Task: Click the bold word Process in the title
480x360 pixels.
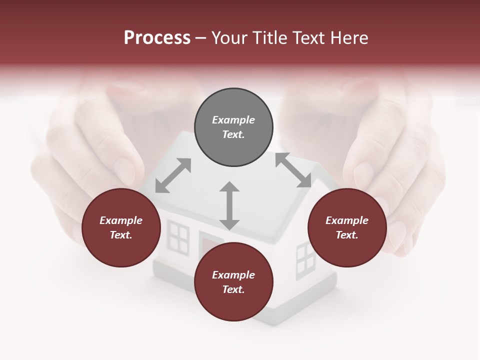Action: (157, 38)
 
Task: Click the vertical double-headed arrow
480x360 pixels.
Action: (229, 205)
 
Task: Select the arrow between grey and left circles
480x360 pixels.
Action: (173, 175)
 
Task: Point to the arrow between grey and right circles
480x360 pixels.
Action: (293, 170)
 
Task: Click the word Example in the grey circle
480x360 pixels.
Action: (233, 120)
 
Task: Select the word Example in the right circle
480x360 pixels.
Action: (347, 220)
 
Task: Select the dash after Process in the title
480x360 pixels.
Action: (200, 38)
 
